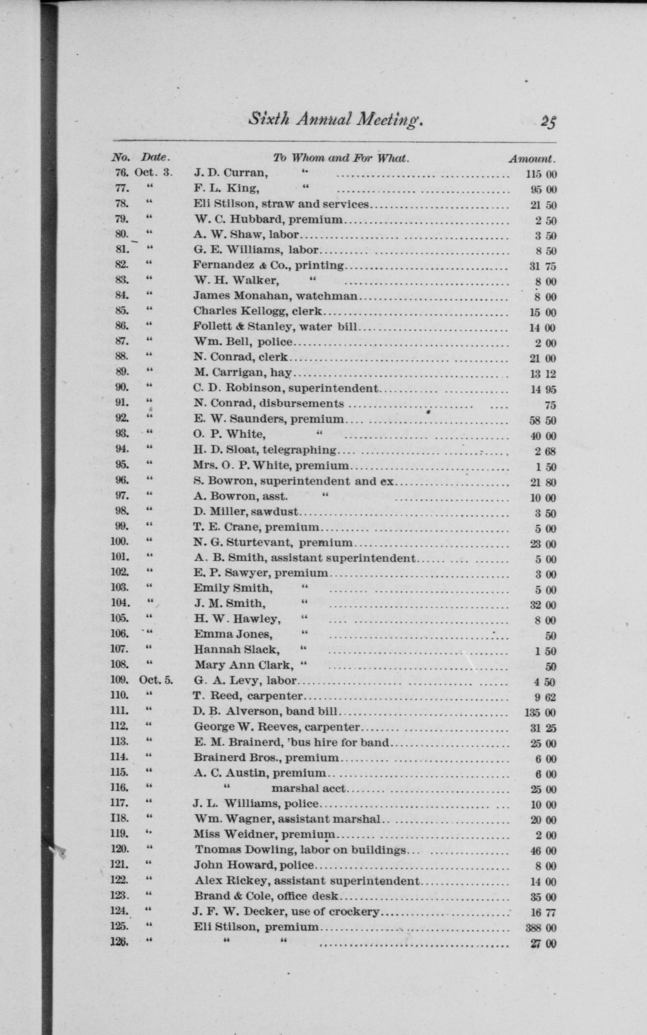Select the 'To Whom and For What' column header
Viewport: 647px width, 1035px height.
[x=341, y=158]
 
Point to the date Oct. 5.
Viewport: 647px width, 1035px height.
[x=156, y=680]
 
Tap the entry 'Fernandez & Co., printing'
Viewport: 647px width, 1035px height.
[x=268, y=265]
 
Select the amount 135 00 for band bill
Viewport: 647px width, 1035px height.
[x=540, y=713]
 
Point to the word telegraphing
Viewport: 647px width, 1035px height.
[x=299, y=450]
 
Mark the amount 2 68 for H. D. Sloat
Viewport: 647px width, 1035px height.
[x=545, y=451]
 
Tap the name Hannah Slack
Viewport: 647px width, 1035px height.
[x=236, y=650]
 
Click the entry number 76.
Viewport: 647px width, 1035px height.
[x=121, y=173]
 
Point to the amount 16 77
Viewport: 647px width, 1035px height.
[x=542, y=913]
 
